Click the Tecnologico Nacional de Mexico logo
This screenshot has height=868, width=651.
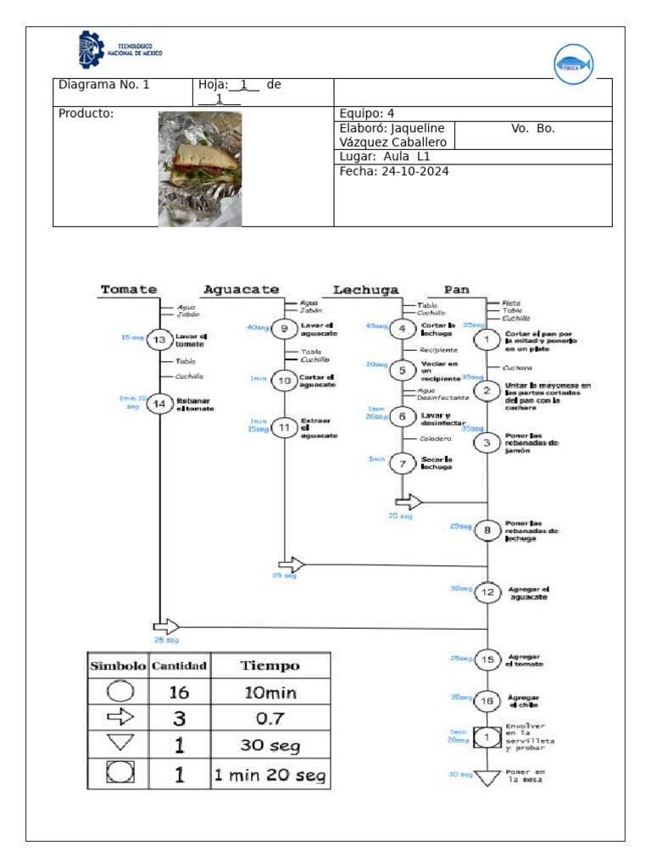coord(120,50)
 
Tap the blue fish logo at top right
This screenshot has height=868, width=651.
coord(573,64)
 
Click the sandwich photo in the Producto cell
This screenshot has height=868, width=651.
coord(200,169)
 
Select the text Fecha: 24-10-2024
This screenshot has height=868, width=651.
coord(394,171)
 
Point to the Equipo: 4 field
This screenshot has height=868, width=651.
coord(367,114)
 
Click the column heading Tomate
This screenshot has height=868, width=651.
coord(129,289)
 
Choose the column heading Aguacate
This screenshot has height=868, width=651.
coord(241,289)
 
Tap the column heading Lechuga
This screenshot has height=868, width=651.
coord(365,289)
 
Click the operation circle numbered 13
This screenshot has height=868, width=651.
coord(160,340)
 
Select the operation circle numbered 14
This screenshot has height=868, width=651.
coord(160,404)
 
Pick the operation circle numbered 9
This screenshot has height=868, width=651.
coord(285,330)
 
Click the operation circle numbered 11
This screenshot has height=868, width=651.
coord(285,428)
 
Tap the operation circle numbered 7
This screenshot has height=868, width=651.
coord(403,464)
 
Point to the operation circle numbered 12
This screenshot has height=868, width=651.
coord(487,593)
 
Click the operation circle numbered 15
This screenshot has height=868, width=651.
coord(487,659)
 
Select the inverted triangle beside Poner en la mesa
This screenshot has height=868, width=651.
coord(487,777)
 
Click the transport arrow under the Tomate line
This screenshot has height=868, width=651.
coord(166,626)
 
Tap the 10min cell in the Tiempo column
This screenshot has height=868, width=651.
coord(270,693)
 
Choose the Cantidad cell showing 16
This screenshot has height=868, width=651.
coord(179,693)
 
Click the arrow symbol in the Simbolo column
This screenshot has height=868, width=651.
coord(118,718)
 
